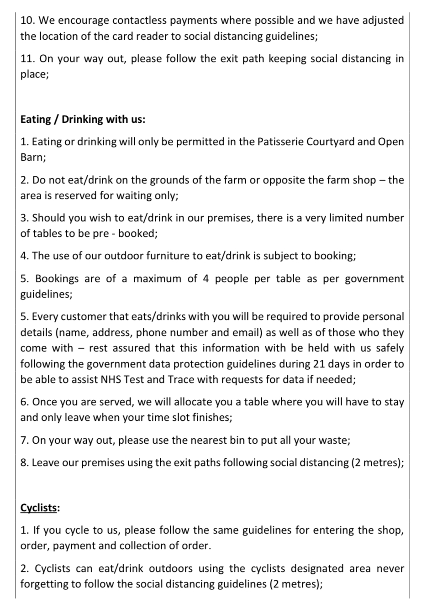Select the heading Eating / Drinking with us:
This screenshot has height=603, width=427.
pos(83,120)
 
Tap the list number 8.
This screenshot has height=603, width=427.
pos(25,463)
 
